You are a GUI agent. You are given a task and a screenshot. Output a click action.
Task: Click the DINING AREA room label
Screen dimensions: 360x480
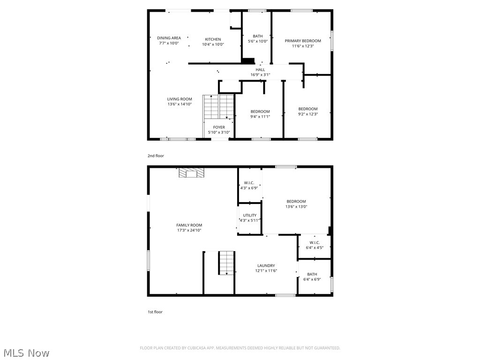click(x=169, y=38)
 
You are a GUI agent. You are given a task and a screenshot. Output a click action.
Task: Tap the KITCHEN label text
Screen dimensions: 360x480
click(x=213, y=39)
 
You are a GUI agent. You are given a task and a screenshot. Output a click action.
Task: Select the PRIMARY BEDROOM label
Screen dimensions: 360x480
click(x=303, y=41)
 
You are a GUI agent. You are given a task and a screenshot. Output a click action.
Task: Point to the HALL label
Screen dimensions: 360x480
click(x=260, y=70)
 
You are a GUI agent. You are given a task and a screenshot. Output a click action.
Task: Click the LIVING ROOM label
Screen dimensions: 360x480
click(x=180, y=99)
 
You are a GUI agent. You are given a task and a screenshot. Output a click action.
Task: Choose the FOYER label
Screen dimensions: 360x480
click(x=219, y=127)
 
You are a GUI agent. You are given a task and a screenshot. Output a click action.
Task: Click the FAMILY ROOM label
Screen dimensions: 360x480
click(x=189, y=225)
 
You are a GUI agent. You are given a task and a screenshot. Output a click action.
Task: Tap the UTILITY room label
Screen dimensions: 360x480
click(x=249, y=215)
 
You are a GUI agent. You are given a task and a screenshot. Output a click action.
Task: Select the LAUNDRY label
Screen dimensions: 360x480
click(x=266, y=265)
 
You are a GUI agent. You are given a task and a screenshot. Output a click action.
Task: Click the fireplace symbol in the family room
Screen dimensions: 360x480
click(x=192, y=173)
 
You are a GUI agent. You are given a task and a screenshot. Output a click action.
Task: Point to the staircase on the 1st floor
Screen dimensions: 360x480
click(x=226, y=262)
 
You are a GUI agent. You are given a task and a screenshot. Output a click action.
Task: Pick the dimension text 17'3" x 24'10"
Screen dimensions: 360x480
click(x=189, y=230)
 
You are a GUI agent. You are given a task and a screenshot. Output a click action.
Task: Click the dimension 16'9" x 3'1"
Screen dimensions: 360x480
click(x=260, y=75)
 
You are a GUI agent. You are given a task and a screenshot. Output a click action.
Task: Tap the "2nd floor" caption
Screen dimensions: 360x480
click(x=156, y=156)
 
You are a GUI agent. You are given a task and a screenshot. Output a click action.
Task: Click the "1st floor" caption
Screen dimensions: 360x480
click(x=155, y=312)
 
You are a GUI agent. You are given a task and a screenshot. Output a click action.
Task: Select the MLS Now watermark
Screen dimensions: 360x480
click(x=26, y=352)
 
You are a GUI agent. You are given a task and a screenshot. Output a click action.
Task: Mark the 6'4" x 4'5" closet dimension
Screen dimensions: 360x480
click(x=314, y=247)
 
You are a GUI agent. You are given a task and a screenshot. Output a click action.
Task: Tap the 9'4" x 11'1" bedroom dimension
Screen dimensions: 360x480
click(x=260, y=116)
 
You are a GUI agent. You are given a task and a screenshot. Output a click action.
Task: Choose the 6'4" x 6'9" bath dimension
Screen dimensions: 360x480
click(x=312, y=279)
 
